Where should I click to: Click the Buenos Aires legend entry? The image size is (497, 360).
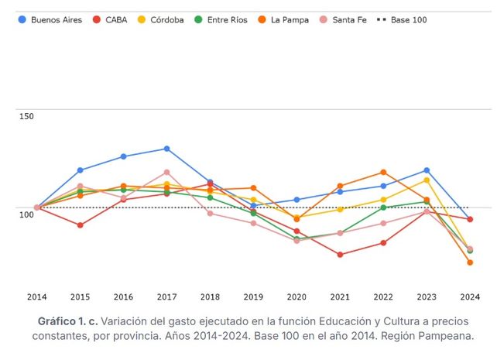tap(50, 20)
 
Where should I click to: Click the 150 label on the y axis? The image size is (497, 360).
tap(26, 116)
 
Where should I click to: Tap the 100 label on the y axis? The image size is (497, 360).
tap(26, 214)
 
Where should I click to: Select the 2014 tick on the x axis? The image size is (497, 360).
tap(36, 297)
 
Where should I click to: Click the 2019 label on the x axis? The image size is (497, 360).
tap(253, 297)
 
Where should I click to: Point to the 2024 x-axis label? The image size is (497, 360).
tap(470, 297)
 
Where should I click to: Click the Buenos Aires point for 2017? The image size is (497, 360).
tap(166, 149)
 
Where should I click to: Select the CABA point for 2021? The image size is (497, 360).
tap(340, 255)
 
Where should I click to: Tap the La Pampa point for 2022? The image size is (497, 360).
tap(383, 173)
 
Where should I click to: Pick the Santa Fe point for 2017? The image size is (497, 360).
tap(166, 173)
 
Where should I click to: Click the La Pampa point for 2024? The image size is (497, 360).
tap(470, 262)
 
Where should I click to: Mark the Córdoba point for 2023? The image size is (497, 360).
tap(427, 180)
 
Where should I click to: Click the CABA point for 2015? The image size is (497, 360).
tap(80, 225)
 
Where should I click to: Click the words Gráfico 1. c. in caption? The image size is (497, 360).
tap(67, 321)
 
